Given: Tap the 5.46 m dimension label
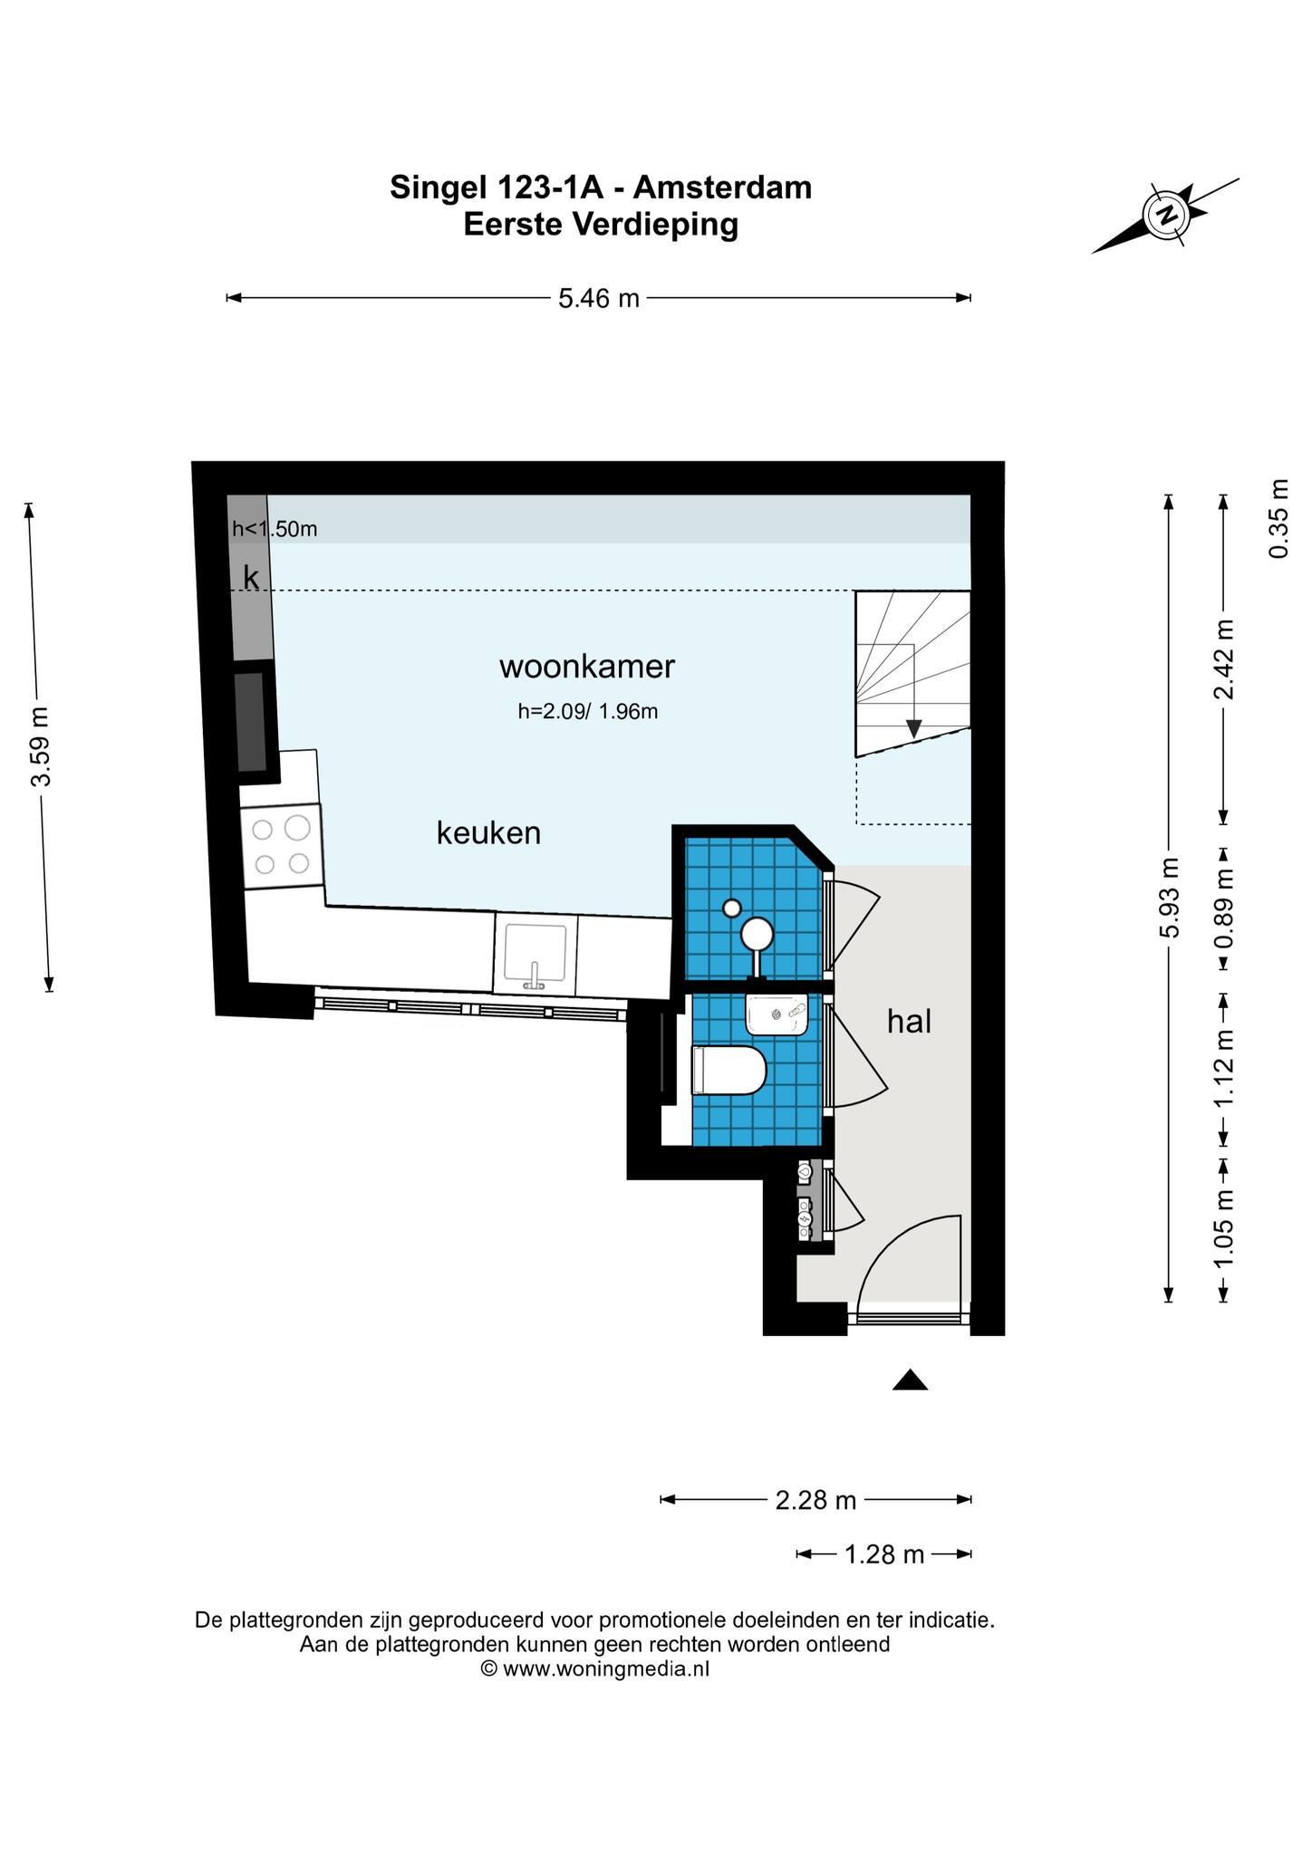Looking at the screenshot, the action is point(599,298).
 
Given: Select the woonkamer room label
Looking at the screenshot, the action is point(587,667).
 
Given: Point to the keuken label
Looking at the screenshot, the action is point(488,832).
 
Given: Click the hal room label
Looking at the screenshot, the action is point(910,1022).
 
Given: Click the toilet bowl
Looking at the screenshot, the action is point(728,1070).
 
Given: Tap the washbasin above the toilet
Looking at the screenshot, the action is point(777,1014).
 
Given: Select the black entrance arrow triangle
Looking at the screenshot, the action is point(911,1379).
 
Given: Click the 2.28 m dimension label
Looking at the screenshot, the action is point(815,1501).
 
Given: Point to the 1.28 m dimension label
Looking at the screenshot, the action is point(884,1555).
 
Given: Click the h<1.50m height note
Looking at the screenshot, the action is point(275,529).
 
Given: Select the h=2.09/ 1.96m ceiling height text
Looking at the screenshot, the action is point(587,712).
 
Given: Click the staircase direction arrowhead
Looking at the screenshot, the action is point(914,728).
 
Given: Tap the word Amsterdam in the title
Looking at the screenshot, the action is point(722,187).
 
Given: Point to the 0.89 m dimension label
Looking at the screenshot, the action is point(1225,908).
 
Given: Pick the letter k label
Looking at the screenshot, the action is point(251,577).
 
